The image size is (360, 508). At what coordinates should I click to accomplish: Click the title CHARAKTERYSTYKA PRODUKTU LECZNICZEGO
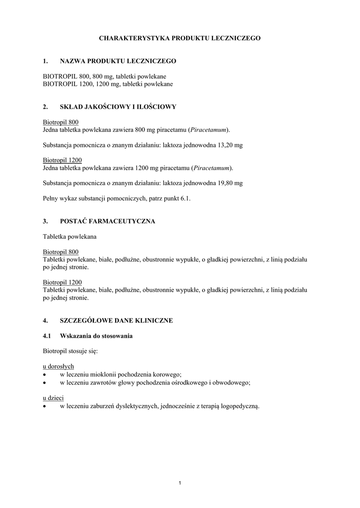[x=180, y=38]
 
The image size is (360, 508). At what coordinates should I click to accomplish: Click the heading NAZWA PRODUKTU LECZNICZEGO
[x=118, y=61]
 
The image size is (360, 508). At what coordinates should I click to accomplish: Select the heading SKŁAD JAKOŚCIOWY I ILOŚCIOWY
[x=118, y=107]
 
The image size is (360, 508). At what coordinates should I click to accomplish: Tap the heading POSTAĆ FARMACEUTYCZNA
[x=107, y=221]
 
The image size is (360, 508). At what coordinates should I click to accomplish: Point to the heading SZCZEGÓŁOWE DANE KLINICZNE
[x=116, y=320]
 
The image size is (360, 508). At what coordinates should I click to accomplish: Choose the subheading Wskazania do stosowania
[x=96, y=336]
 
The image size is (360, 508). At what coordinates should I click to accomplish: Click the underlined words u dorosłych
[x=59, y=366]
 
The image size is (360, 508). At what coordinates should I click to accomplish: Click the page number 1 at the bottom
[x=180, y=483]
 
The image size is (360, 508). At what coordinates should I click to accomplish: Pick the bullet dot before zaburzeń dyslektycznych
[x=45, y=406]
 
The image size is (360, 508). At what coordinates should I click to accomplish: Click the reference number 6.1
[x=185, y=198]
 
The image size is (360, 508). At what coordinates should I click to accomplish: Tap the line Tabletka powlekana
[x=70, y=237]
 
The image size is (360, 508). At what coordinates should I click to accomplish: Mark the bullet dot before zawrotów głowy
[x=45, y=382]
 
